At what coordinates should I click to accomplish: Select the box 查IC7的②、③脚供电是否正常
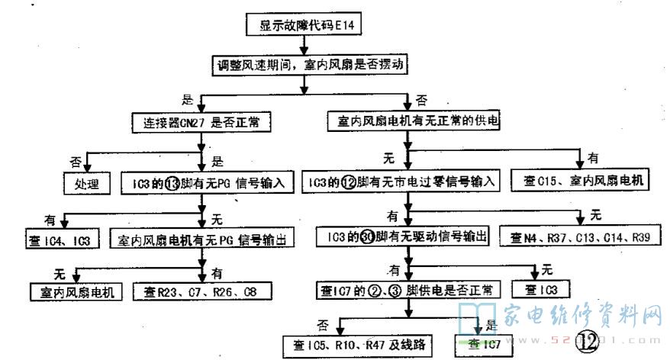[x=406, y=290]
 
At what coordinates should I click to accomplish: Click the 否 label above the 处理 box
[x=75, y=162]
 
